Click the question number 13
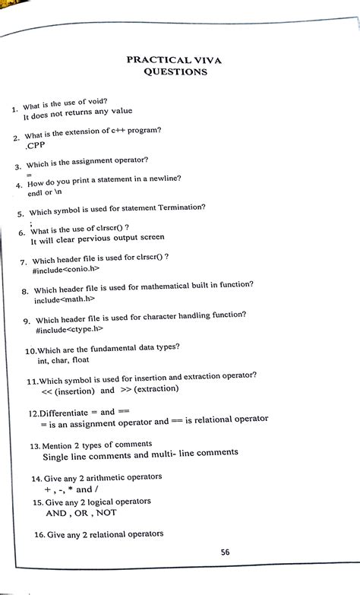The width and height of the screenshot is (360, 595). (x=35, y=445)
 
